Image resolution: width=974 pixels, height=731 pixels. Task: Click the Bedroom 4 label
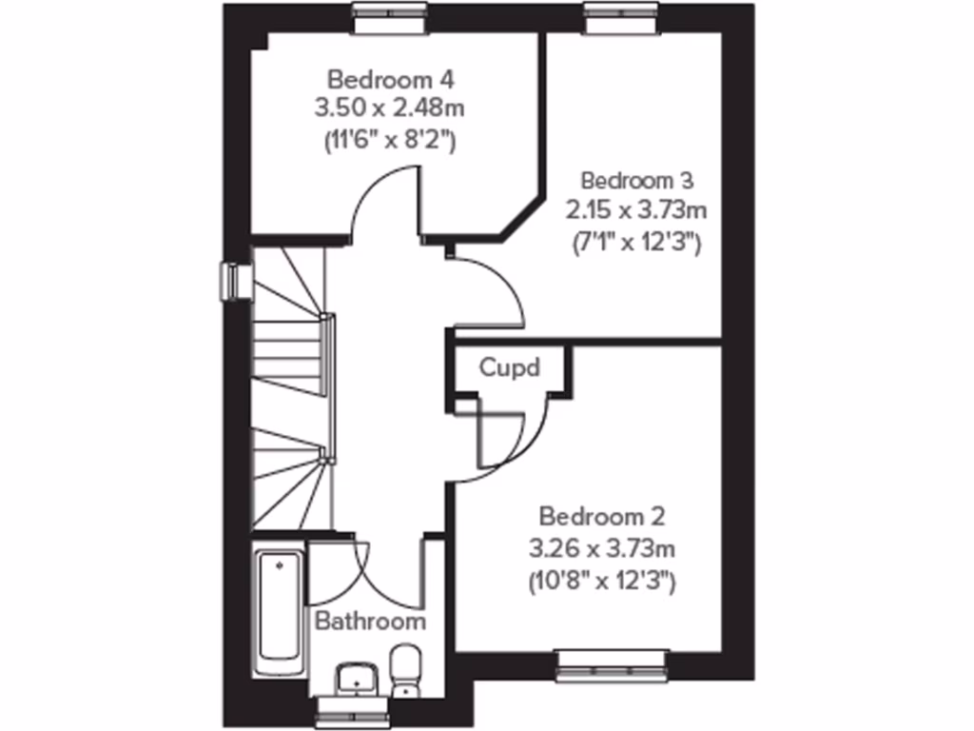point(378,77)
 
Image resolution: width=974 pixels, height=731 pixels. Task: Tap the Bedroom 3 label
point(637,180)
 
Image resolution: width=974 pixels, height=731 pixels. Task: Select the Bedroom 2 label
point(602,517)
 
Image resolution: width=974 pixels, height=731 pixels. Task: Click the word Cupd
point(510,367)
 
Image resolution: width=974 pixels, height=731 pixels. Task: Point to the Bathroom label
point(370,622)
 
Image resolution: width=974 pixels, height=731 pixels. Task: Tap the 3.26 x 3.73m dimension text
point(603,548)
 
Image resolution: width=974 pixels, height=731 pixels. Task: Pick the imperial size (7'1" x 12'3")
point(638,242)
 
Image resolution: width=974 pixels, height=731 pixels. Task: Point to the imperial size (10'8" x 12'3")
point(603,581)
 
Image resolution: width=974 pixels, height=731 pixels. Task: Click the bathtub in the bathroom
point(280,610)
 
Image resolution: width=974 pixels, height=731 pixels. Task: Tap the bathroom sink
point(357,678)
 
